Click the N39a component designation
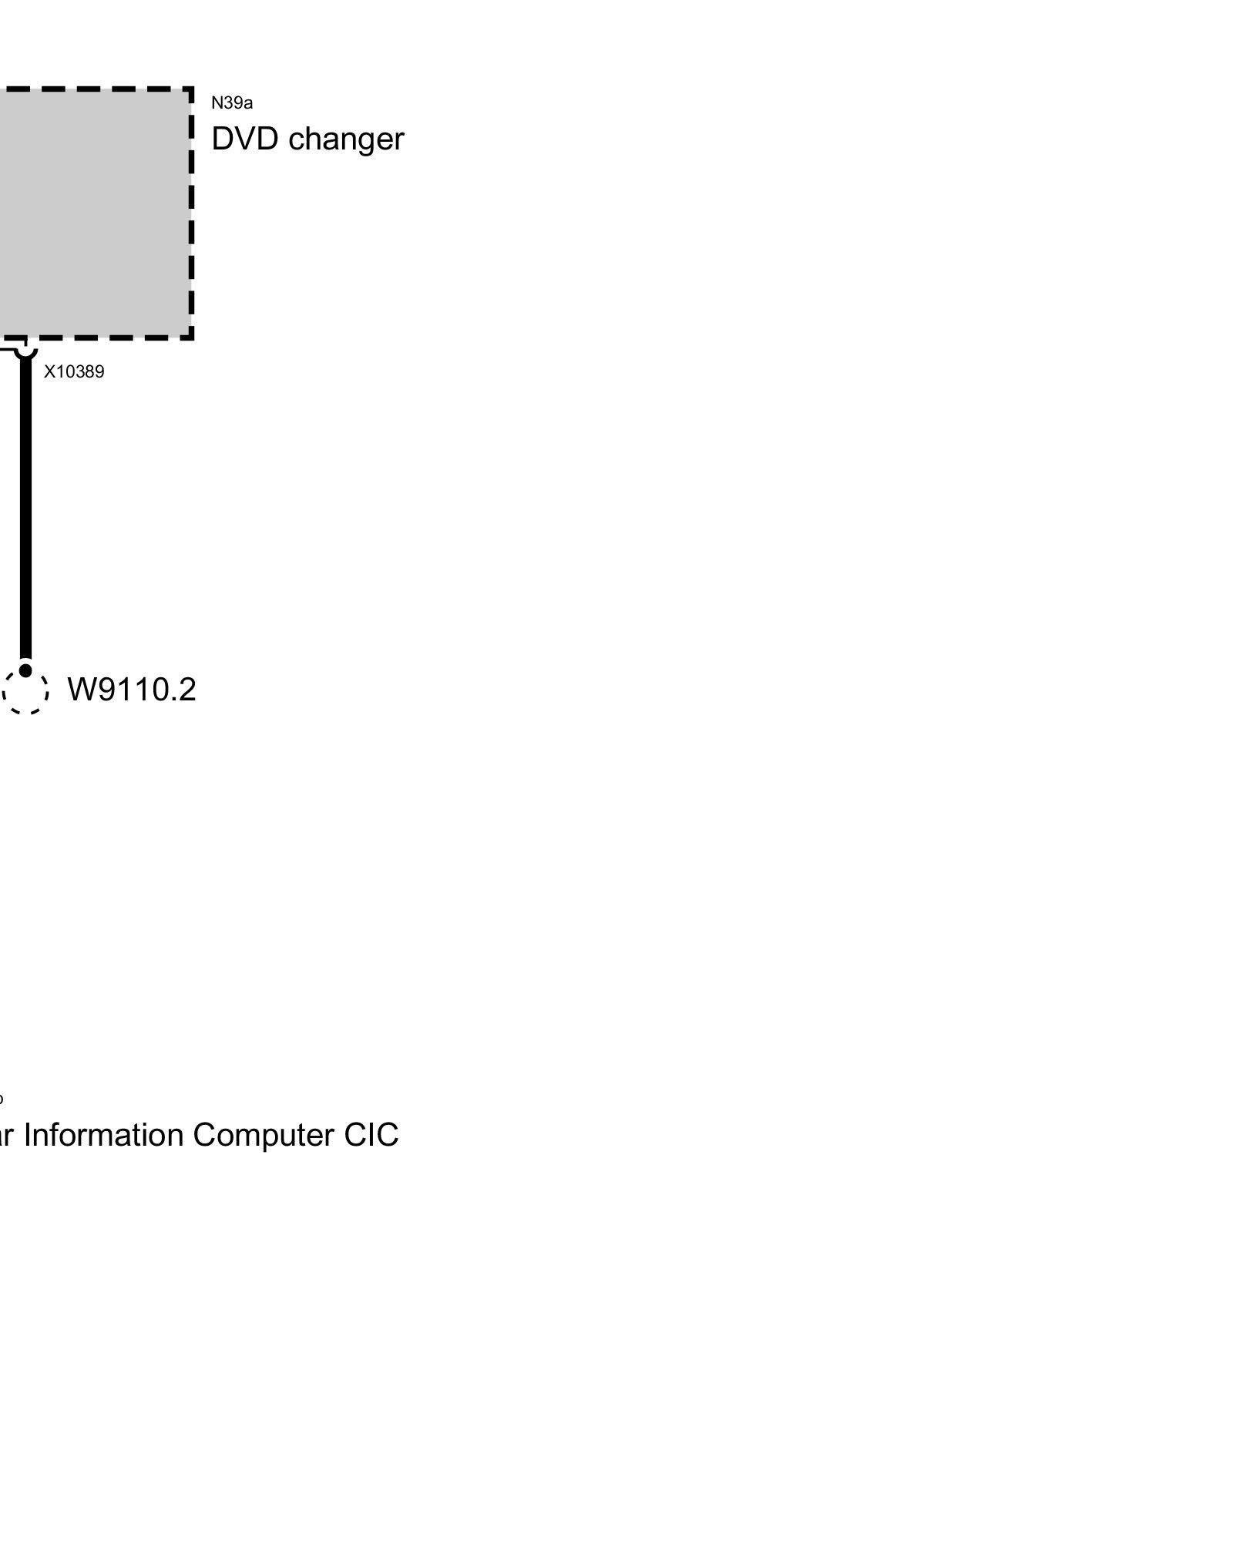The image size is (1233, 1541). (x=232, y=103)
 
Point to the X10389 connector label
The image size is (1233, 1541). (x=74, y=372)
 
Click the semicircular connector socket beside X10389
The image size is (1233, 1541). (x=25, y=351)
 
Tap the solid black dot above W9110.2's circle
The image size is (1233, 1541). (x=25, y=670)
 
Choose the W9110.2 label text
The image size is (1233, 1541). (x=132, y=690)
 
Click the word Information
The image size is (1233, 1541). (x=104, y=1135)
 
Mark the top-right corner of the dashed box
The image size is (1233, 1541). (x=190, y=89)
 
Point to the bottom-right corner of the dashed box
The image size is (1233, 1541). (x=190, y=337)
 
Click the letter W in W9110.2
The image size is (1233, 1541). (x=81, y=690)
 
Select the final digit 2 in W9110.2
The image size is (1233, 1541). (x=186, y=690)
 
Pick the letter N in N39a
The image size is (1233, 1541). (x=217, y=103)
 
